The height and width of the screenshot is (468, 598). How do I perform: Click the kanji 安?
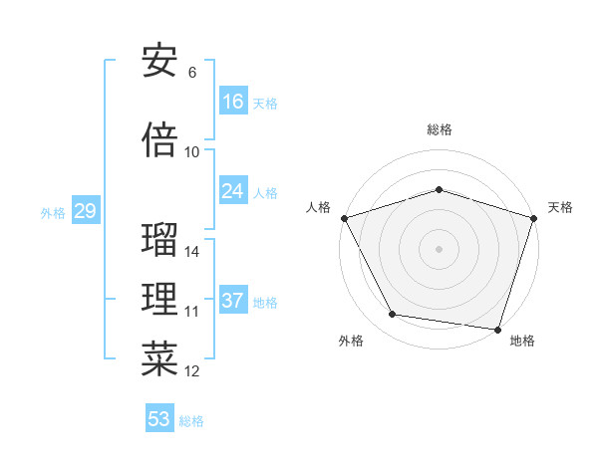pyautogui.click(x=159, y=62)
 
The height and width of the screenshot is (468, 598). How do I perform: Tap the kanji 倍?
pyautogui.click(x=159, y=141)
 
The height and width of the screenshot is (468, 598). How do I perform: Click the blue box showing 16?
pyautogui.click(x=233, y=102)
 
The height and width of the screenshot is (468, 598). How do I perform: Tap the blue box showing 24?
pyautogui.click(x=233, y=191)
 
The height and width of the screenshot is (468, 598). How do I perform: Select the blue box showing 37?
pyautogui.click(x=233, y=301)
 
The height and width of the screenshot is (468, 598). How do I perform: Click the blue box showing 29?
pyautogui.click(x=84, y=211)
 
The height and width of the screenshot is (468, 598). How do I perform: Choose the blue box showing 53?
pyautogui.click(x=159, y=419)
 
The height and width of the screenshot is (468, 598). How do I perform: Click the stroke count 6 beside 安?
pyautogui.click(x=191, y=73)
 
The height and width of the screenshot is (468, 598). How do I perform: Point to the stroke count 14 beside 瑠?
pyautogui.click(x=192, y=252)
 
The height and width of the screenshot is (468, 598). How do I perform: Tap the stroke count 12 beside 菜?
pyautogui.click(x=192, y=371)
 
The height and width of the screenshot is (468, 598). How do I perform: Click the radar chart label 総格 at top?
pyautogui.click(x=439, y=129)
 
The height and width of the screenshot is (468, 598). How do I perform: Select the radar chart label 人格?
pyautogui.click(x=319, y=207)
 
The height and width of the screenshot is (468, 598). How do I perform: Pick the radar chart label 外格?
pyautogui.click(x=351, y=342)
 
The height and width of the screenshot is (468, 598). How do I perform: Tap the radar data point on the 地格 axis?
pyautogui.click(x=497, y=329)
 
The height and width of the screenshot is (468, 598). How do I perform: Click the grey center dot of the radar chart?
pyautogui.click(x=439, y=248)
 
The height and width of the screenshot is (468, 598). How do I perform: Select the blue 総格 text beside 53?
pyautogui.click(x=191, y=421)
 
